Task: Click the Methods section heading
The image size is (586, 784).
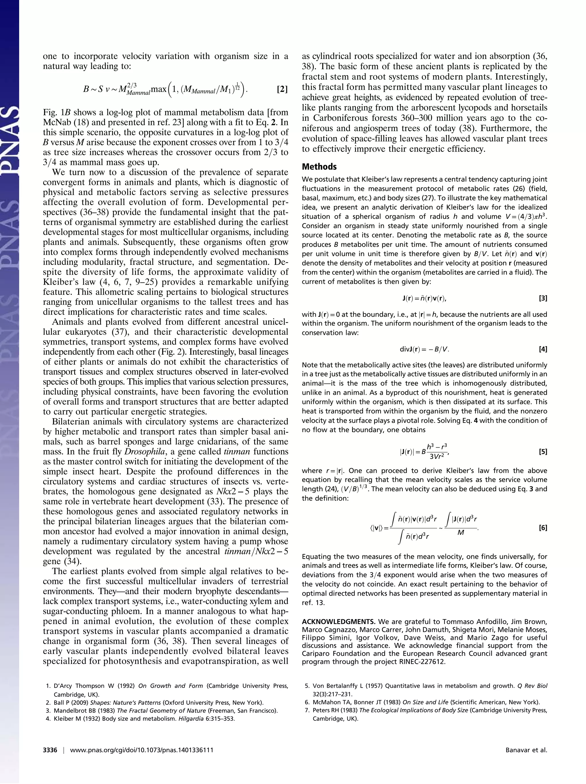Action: pyautogui.click(x=319, y=166)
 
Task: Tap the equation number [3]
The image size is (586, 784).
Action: pyautogui.click(x=543, y=298)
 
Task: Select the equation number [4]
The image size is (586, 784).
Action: pyautogui.click(x=543, y=349)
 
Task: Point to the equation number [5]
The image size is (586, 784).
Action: pyautogui.click(x=543, y=452)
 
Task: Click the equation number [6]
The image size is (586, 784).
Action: pyautogui.click(x=543, y=528)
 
